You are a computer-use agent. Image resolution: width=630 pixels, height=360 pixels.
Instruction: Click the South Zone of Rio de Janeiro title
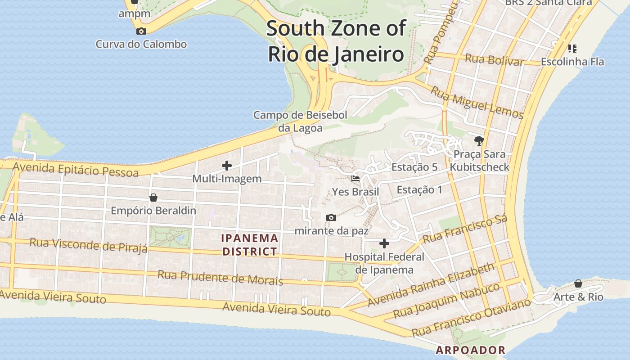click(x=336, y=41)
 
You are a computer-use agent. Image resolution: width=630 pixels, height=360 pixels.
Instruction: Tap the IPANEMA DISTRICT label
click(x=250, y=245)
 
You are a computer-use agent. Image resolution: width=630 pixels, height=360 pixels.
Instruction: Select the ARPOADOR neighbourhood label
click(x=470, y=350)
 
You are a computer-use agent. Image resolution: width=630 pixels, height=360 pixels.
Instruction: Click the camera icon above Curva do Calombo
click(x=141, y=31)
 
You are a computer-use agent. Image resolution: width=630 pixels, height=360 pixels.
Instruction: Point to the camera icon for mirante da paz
click(x=331, y=218)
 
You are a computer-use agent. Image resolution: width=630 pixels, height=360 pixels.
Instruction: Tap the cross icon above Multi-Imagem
click(x=227, y=166)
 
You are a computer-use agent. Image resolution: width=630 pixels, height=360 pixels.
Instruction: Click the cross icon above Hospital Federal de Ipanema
click(x=384, y=243)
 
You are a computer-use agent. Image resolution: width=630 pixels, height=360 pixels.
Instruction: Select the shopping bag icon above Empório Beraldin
click(x=153, y=198)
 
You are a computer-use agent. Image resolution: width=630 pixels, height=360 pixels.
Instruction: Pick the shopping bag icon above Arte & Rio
click(x=578, y=283)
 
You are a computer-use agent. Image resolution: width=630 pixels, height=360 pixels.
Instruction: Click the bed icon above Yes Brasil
click(x=355, y=179)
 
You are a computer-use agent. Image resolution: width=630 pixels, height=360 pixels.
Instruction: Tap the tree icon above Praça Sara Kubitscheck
click(x=479, y=141)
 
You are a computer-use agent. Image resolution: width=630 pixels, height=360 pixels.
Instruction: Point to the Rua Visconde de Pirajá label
click(x=88, y=245)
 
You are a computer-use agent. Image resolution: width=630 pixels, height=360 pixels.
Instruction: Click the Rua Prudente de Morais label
click(x=220, y=277)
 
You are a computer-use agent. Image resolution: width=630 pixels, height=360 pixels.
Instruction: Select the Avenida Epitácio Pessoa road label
click(x=76, y=169)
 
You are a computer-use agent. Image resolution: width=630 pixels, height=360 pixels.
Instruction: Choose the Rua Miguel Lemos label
click(x=477, y=103)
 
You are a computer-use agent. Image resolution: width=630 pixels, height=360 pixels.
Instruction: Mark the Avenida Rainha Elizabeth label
click(x=431, y=285)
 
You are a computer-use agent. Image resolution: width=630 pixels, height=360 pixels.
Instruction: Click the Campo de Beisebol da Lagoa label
click(x=300, y=121)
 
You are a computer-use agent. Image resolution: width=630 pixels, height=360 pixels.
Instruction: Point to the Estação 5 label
click(x=414, y=167)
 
